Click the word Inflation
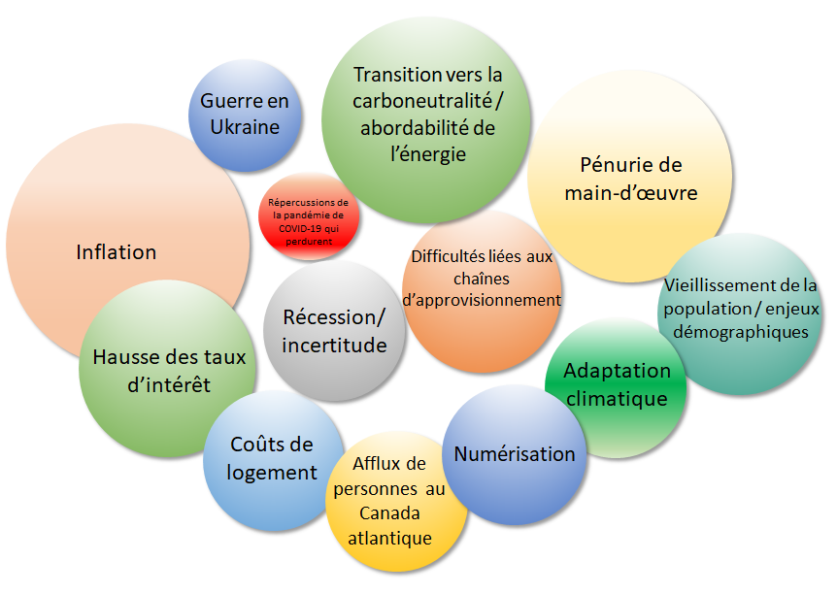(117, 252)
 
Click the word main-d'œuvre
(631, 192)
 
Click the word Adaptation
(617, 371)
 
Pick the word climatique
(616, 398)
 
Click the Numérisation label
(515, 453)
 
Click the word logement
(272, 473)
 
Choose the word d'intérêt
(169, 385)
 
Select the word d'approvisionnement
(482, 300)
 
